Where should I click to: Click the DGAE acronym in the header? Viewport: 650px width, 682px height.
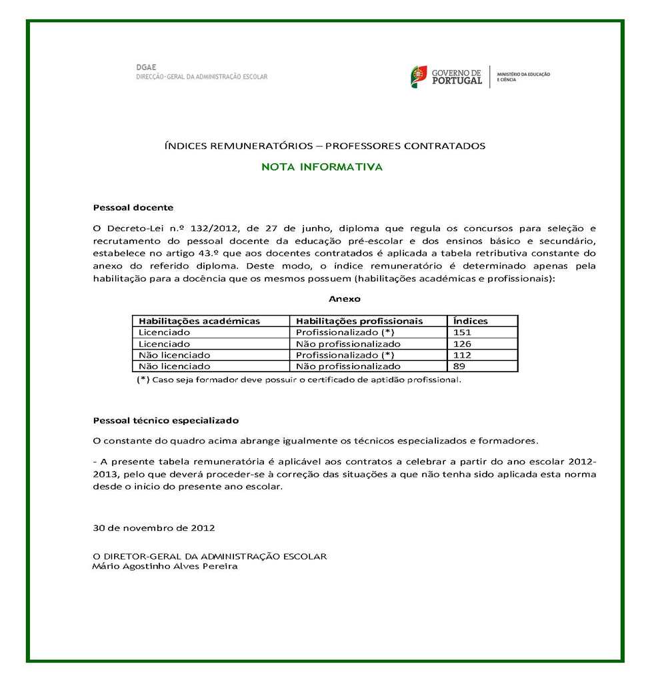tap(141, 67)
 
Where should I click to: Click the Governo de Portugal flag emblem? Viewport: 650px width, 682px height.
tap(419, 77)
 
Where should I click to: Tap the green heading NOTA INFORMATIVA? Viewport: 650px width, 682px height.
tap(322, 167)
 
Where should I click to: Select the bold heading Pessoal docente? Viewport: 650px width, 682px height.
tap(133, 208)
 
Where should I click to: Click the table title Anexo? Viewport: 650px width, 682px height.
tap(344, 299)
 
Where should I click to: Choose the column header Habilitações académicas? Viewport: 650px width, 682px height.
tap(199, 321)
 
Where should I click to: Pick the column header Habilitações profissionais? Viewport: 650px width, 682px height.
tap(359, 321)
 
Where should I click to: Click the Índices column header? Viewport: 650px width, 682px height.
tap(470, 321)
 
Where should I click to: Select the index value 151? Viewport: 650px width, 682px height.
tap(462, 332)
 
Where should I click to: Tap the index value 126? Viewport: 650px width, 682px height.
tap(462, 344)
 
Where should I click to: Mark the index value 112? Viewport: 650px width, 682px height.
tap(462, 355)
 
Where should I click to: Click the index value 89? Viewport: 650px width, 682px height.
tap(459, 366)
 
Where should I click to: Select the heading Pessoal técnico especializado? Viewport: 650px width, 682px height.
tap(166, 421)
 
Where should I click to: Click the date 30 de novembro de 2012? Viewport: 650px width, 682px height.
tap(154, 528)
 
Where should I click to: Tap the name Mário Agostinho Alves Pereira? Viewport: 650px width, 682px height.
tap(165, 567)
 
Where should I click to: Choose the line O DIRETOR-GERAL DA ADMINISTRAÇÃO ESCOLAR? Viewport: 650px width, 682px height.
tap(210, 556)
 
